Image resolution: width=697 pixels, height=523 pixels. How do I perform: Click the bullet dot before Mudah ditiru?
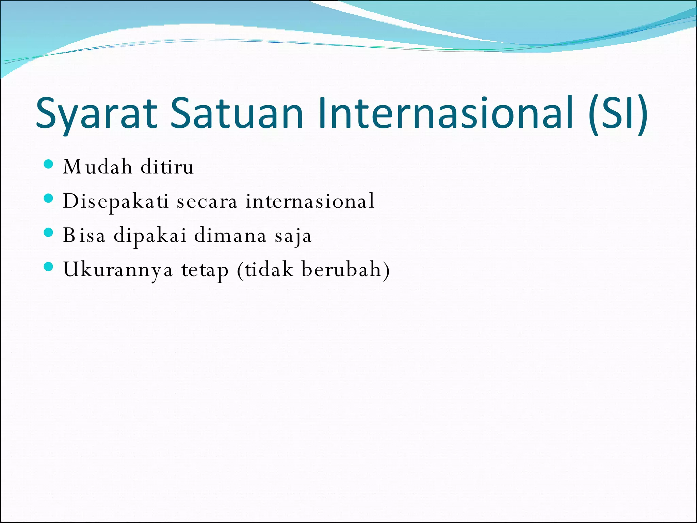coord(49,164)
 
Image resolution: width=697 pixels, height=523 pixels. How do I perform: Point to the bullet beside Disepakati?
coord(49,198)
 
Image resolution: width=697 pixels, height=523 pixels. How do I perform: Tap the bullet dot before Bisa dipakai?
coord(49,233)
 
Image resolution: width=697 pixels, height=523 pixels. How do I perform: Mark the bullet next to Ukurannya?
coord(49,267)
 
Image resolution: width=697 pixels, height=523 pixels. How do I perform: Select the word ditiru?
coord(167,167)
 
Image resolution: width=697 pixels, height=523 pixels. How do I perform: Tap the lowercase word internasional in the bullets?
coord(310,201)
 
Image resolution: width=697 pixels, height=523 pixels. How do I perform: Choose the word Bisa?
coord(84,235)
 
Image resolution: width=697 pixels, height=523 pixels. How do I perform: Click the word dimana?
coord(230,235)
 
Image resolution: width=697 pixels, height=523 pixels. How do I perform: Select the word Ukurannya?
coord(118,270)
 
